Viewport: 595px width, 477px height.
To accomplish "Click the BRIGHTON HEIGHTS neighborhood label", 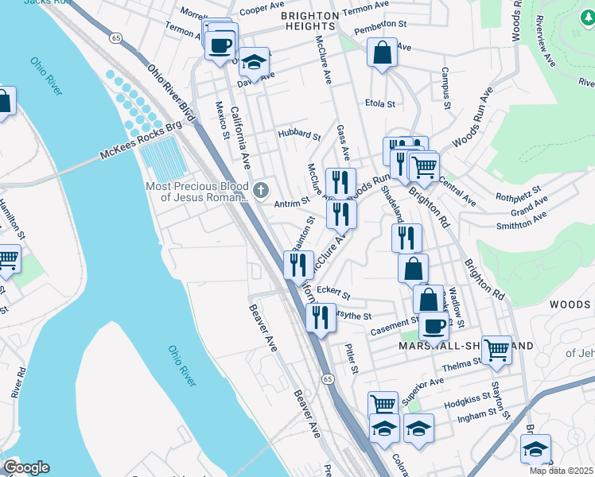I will coord(323,25).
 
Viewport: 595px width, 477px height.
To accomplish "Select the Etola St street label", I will coord(379,103).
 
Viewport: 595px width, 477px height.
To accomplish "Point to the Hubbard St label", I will coord(298,134).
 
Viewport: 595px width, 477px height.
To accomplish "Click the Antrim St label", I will coord(291,204).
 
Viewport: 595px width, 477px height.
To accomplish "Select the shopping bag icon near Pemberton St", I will coord(383,54).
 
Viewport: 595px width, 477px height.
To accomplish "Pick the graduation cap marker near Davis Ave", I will coord(254,60).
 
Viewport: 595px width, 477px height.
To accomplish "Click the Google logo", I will coord(25,467).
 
